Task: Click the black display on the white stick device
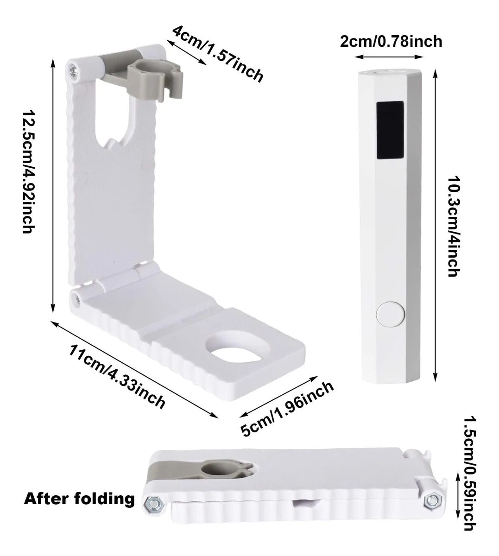[390, 130]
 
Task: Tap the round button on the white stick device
[391, 314]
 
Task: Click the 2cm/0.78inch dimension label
[391, 42]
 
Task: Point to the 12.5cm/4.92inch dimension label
[29, 172]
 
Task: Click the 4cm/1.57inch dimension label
[218, 53]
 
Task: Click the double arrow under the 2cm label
[389, 57]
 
